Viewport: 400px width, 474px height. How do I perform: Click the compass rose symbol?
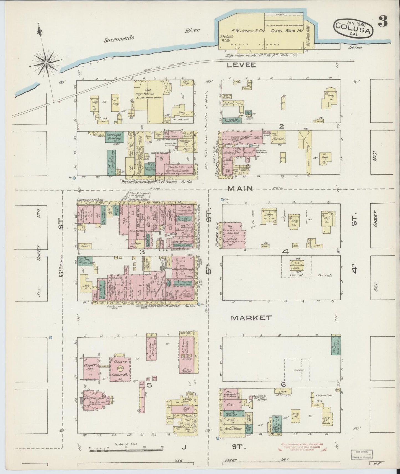[x=46, y=63]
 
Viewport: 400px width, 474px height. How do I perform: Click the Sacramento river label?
[x=119, y=39]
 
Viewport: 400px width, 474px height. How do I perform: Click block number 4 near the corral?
[x=285, y=252]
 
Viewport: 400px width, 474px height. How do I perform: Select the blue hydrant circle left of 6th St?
[x=50, y=337]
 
